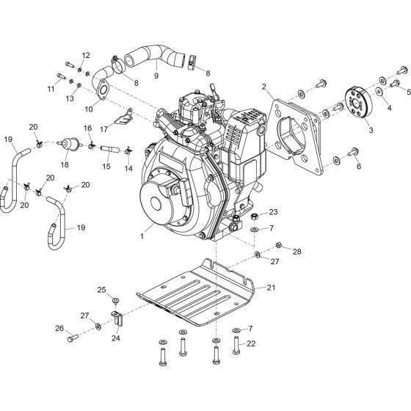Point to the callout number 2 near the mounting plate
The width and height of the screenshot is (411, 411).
pyautogui.click(x=263, y=87)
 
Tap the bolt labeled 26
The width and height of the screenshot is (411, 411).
pyautogui.click(x=71, y=338)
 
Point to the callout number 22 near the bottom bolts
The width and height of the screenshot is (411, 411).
pyautogui.click(x=251, y=343)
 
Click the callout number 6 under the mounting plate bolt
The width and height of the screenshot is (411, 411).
pyautogui.click(x=358, y=167)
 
